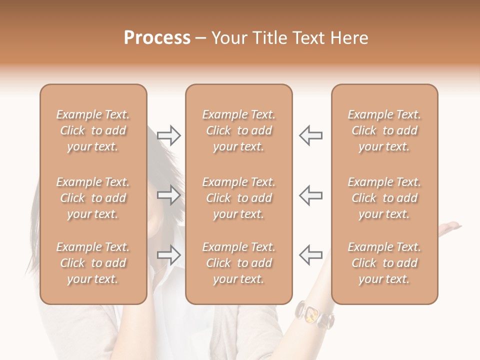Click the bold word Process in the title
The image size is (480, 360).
click(x=157, y=38)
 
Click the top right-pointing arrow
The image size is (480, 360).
click(x=168, y=135)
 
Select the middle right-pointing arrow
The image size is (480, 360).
click(x=168, y=195)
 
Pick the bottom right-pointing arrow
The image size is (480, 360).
click(x=168, y=255)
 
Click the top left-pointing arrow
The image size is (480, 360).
click(x=311, y=135)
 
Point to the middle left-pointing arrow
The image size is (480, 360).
click(x=311, y=195)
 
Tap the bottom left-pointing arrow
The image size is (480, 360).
click(x=311, y=255)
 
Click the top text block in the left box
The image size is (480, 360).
click(x=93, y=130)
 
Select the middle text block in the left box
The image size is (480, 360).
click(x=93, y=198)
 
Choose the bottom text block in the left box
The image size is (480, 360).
click(x=93, y=263)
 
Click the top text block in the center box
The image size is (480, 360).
click(x=239, y=130)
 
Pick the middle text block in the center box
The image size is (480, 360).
click(x=239, y=198)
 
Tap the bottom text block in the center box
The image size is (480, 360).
click(x=239, y=263)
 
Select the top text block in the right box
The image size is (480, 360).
click(x=384, y=130)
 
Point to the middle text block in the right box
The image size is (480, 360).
click(x=384, y=198)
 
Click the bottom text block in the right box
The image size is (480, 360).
click(x=384, y=263)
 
